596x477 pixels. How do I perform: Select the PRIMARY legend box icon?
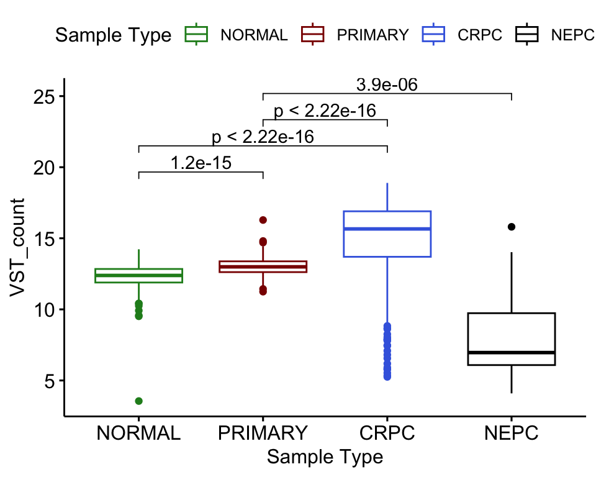pyautogui.click(x=313, y=35)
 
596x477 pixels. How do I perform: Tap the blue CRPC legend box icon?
pyautogui.click(x=433, y=35)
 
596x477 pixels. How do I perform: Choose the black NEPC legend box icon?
pyautogui.click(x=527, y=35)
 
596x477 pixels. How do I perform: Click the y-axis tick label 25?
pyautogui.click(x=44, y=97)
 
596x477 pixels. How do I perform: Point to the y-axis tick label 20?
pyautogui.click(x=44, y=168)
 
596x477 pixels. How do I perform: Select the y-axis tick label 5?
pyautogui.click(x=50, y=381)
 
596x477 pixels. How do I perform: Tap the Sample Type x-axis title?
pyautogui.click(x=325, y=458)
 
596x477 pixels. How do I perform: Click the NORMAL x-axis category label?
pyautogui.click(x=138, y=432)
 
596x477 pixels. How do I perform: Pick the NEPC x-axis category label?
pyautogui.click(x=512, y=432)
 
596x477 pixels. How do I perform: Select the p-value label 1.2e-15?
pyautogui.click(x=201, y=163)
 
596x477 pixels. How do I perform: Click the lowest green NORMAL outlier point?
pyautogui.click(x=138, y=401)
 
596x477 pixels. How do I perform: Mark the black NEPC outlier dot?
pyautogui.click(x=512, y=227)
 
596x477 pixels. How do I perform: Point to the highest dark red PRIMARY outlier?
pyautogui.click(x=263, y=220)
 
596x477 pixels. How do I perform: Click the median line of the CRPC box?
pyautogui.click(x=387, y=229)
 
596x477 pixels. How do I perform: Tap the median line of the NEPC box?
pyautogui.click(x=512, y=353)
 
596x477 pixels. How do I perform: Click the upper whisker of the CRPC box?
pyautogui.click(x=387, y=197)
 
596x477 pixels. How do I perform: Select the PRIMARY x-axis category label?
pyautogui.click(x=263, y=432)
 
